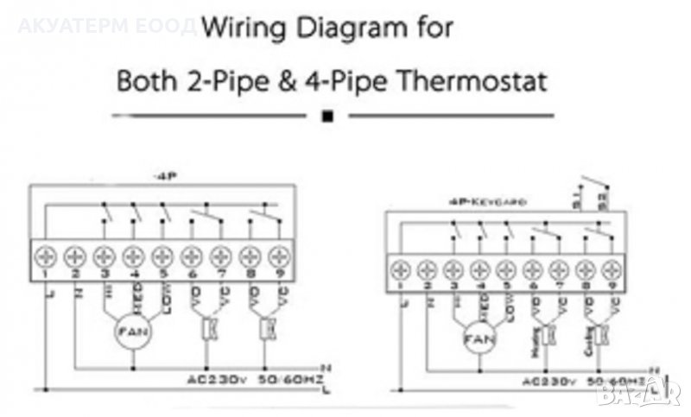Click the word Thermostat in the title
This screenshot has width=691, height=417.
pos(467,83)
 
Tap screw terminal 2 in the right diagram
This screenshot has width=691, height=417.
pos(427,266)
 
